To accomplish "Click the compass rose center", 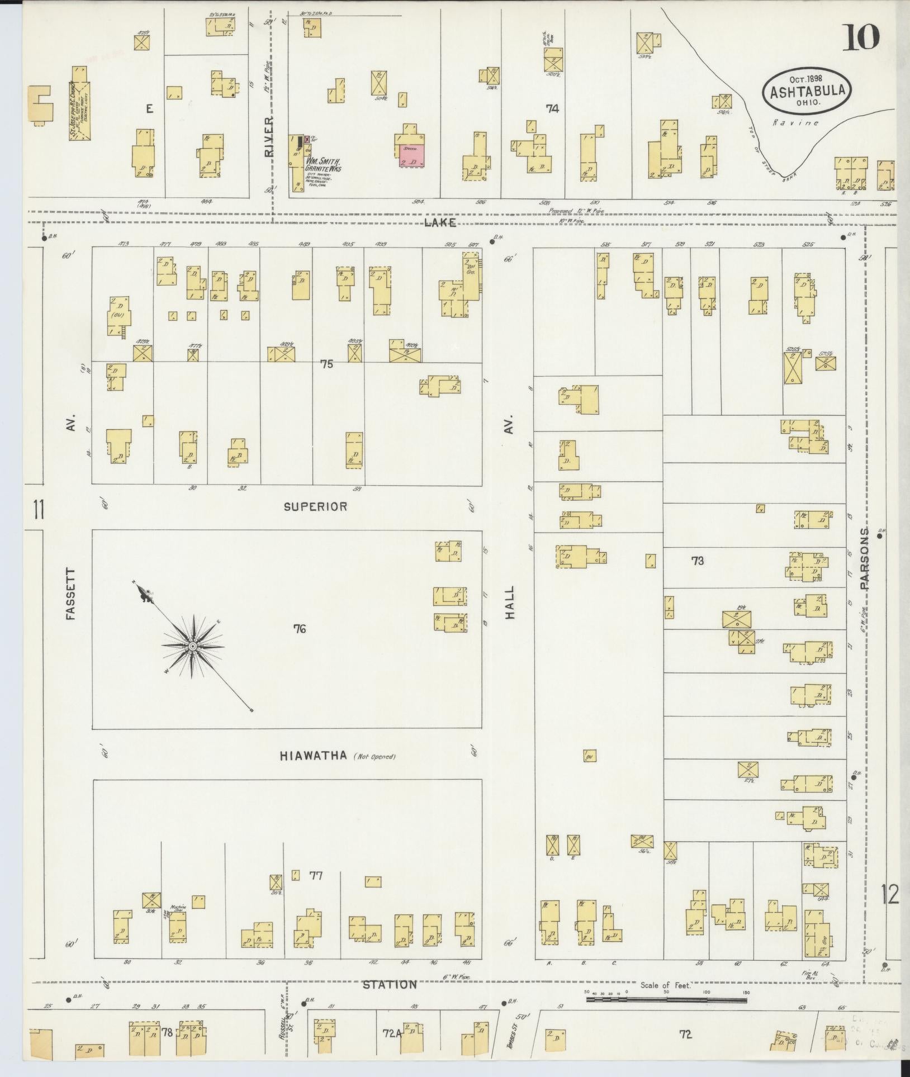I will coord(192,647).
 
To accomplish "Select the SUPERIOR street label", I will coord(315,507).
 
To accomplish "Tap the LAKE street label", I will coord(440,222).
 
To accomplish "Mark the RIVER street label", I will coord(270,136).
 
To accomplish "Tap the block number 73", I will coord(696,561).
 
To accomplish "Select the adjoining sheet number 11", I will coord(37,510).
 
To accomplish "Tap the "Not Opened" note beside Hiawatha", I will coord(375,757).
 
